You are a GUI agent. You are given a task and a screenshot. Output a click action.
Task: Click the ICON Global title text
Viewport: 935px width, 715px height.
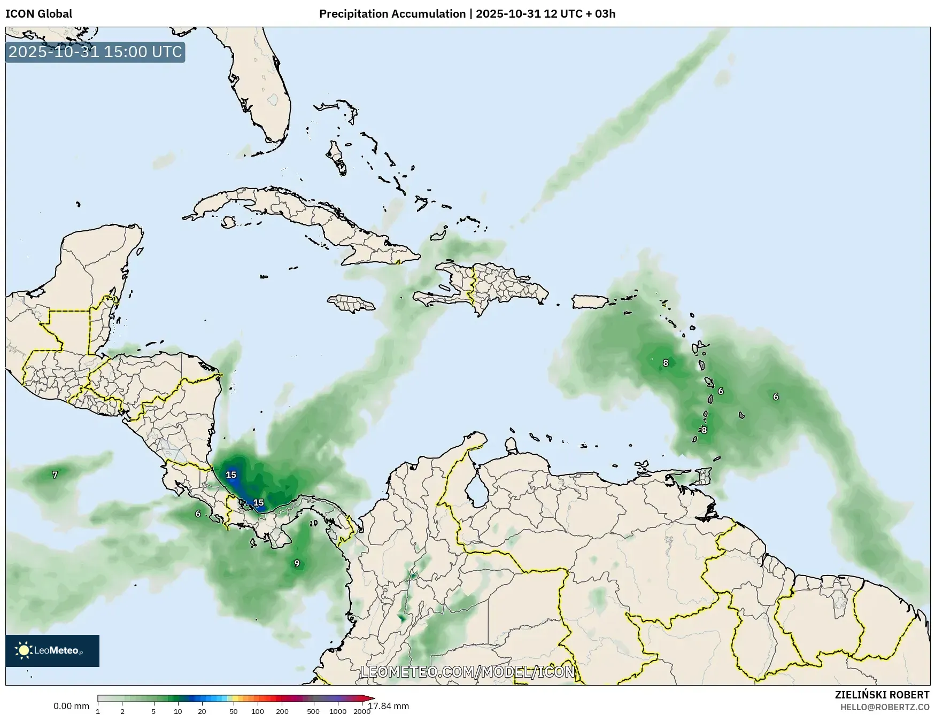[38, 14]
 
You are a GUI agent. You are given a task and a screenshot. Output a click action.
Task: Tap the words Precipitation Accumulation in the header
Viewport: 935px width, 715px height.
[392, 14]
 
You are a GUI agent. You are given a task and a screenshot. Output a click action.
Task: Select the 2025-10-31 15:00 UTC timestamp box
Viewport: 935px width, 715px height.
[95, 52]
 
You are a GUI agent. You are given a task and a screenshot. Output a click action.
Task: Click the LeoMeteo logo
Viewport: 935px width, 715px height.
[52, 650]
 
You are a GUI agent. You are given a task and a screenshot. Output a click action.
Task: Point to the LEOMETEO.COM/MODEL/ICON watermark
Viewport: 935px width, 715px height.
[468, 672]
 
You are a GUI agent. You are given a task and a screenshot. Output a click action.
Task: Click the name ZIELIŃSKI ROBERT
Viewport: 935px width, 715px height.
[882, 695]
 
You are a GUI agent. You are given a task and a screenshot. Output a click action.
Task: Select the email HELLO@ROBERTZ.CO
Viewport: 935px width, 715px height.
[885, 707]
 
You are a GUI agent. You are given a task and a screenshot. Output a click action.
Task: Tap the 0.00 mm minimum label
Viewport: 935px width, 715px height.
[71, 706]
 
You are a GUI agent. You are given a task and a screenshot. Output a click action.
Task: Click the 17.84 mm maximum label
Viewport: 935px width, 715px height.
[389, 706]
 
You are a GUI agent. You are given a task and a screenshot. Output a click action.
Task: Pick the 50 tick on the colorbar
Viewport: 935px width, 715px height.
[234, 711]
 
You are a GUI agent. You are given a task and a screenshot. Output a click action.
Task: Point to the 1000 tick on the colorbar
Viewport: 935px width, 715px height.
[337, 711]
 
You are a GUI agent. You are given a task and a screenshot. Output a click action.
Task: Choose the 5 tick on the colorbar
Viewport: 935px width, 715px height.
[153, 711]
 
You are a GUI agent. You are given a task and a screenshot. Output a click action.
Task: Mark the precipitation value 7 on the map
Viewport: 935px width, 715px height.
[55, 475]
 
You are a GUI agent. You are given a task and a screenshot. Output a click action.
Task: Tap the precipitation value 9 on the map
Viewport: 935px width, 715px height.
[297, 563]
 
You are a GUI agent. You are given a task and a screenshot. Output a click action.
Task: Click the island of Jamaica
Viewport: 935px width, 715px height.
[351, 304]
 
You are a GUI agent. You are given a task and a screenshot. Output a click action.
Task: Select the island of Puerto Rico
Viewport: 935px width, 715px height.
[590, 301]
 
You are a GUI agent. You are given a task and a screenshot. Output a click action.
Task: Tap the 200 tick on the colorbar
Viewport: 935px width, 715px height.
[282, 711]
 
